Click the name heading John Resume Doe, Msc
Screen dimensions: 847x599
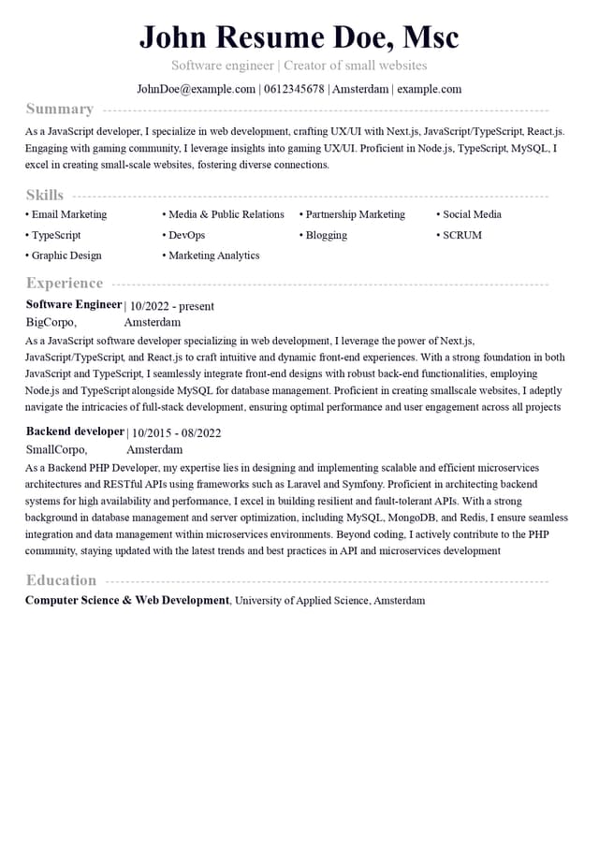[x=299, y=37]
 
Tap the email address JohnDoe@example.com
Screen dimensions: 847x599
[x=197, y=89]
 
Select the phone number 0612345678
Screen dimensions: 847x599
[x=293, y=89]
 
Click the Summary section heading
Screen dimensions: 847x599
[x=60, y=109]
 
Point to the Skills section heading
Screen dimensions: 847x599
[x=45, y=195]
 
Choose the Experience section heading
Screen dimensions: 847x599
[x=65, y=283]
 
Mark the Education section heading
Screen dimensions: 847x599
[x=61, y=579]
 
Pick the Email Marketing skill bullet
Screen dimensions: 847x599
[x=68, y=214]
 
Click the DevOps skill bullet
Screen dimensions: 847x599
[x=186, y=235]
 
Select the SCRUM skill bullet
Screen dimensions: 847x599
[x=461, y=235]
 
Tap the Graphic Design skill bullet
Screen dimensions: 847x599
[x=66, y=256]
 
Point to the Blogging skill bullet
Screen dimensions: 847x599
[x=326, y=235]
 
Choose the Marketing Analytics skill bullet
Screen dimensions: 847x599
[x=213, y=256]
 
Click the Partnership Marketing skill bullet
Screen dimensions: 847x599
[x=355, y=214]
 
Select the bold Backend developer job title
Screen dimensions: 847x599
[x=75, y=431]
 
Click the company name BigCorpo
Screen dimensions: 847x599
[x=51, y=322]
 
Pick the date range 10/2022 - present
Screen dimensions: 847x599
[x=171, y=306]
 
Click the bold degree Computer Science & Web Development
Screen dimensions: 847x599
[x=127, y=600]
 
